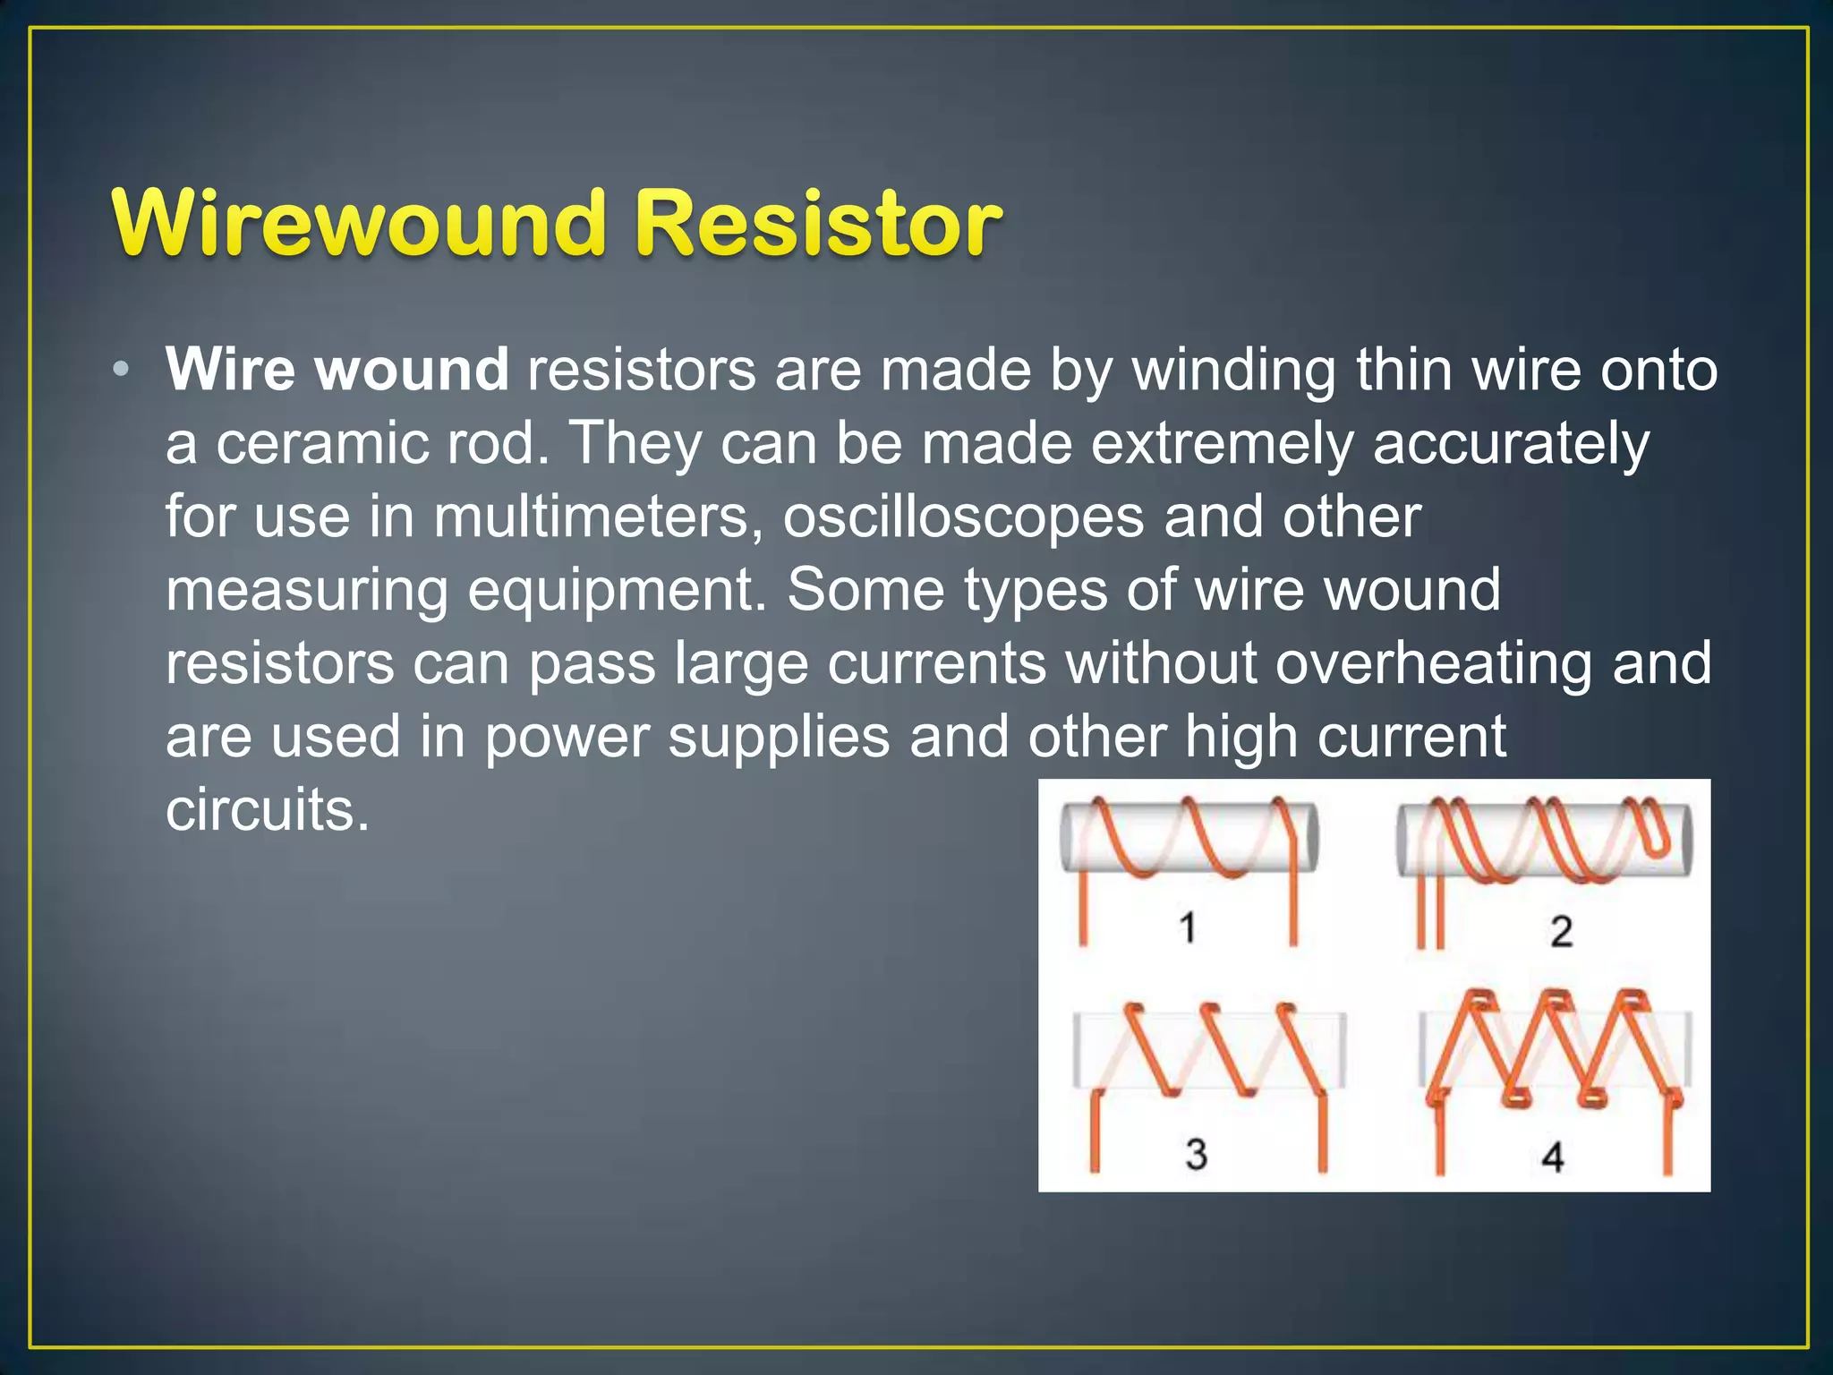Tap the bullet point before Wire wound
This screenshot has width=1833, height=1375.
(123, 369)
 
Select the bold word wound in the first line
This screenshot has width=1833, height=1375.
(412, 369)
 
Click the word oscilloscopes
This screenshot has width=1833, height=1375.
(963, 517)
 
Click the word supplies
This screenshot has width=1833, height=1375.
(779, 737)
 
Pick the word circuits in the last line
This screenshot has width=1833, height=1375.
(266, 810)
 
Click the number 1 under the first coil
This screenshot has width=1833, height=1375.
(1188, 927)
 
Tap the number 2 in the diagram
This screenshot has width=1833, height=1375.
(1562, 931)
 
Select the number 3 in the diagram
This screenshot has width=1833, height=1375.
(1197, 1154)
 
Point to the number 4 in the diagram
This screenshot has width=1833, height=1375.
(1553, 1157)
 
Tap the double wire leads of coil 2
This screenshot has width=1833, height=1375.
(1429, 913)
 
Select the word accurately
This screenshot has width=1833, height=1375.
(1511, 443)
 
